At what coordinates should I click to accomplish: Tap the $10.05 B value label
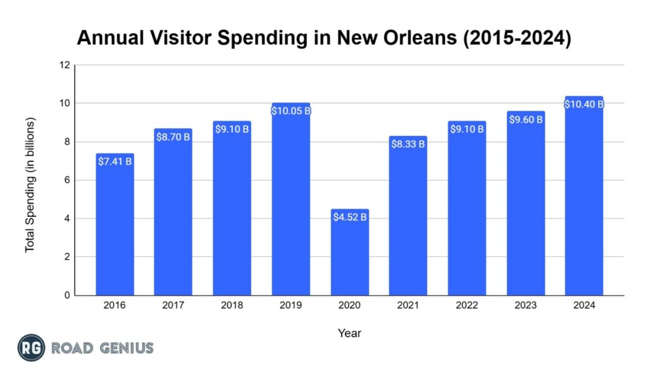click(x=290, y=111)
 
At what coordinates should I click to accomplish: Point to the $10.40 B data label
click(x=584, y=104)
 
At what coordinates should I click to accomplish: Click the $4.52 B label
click(x=349, y=217)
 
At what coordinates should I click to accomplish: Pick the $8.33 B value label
click(x=408, y=144)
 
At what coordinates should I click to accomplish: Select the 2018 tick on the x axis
click(x=232, y=305)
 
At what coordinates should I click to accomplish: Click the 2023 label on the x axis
click(x=525, y=305)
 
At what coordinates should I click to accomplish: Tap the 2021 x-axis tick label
click(x=408, y=305)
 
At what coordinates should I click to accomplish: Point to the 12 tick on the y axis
click(x=65, y=65)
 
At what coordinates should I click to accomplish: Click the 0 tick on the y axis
click(x=66, y=295)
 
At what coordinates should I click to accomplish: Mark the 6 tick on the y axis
click(x=66, y=180)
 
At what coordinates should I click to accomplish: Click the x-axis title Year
click(x=349, y=333)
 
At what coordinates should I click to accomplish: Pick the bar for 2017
click(x=173, y=215)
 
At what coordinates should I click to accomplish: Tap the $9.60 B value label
click(x=525, y=120)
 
